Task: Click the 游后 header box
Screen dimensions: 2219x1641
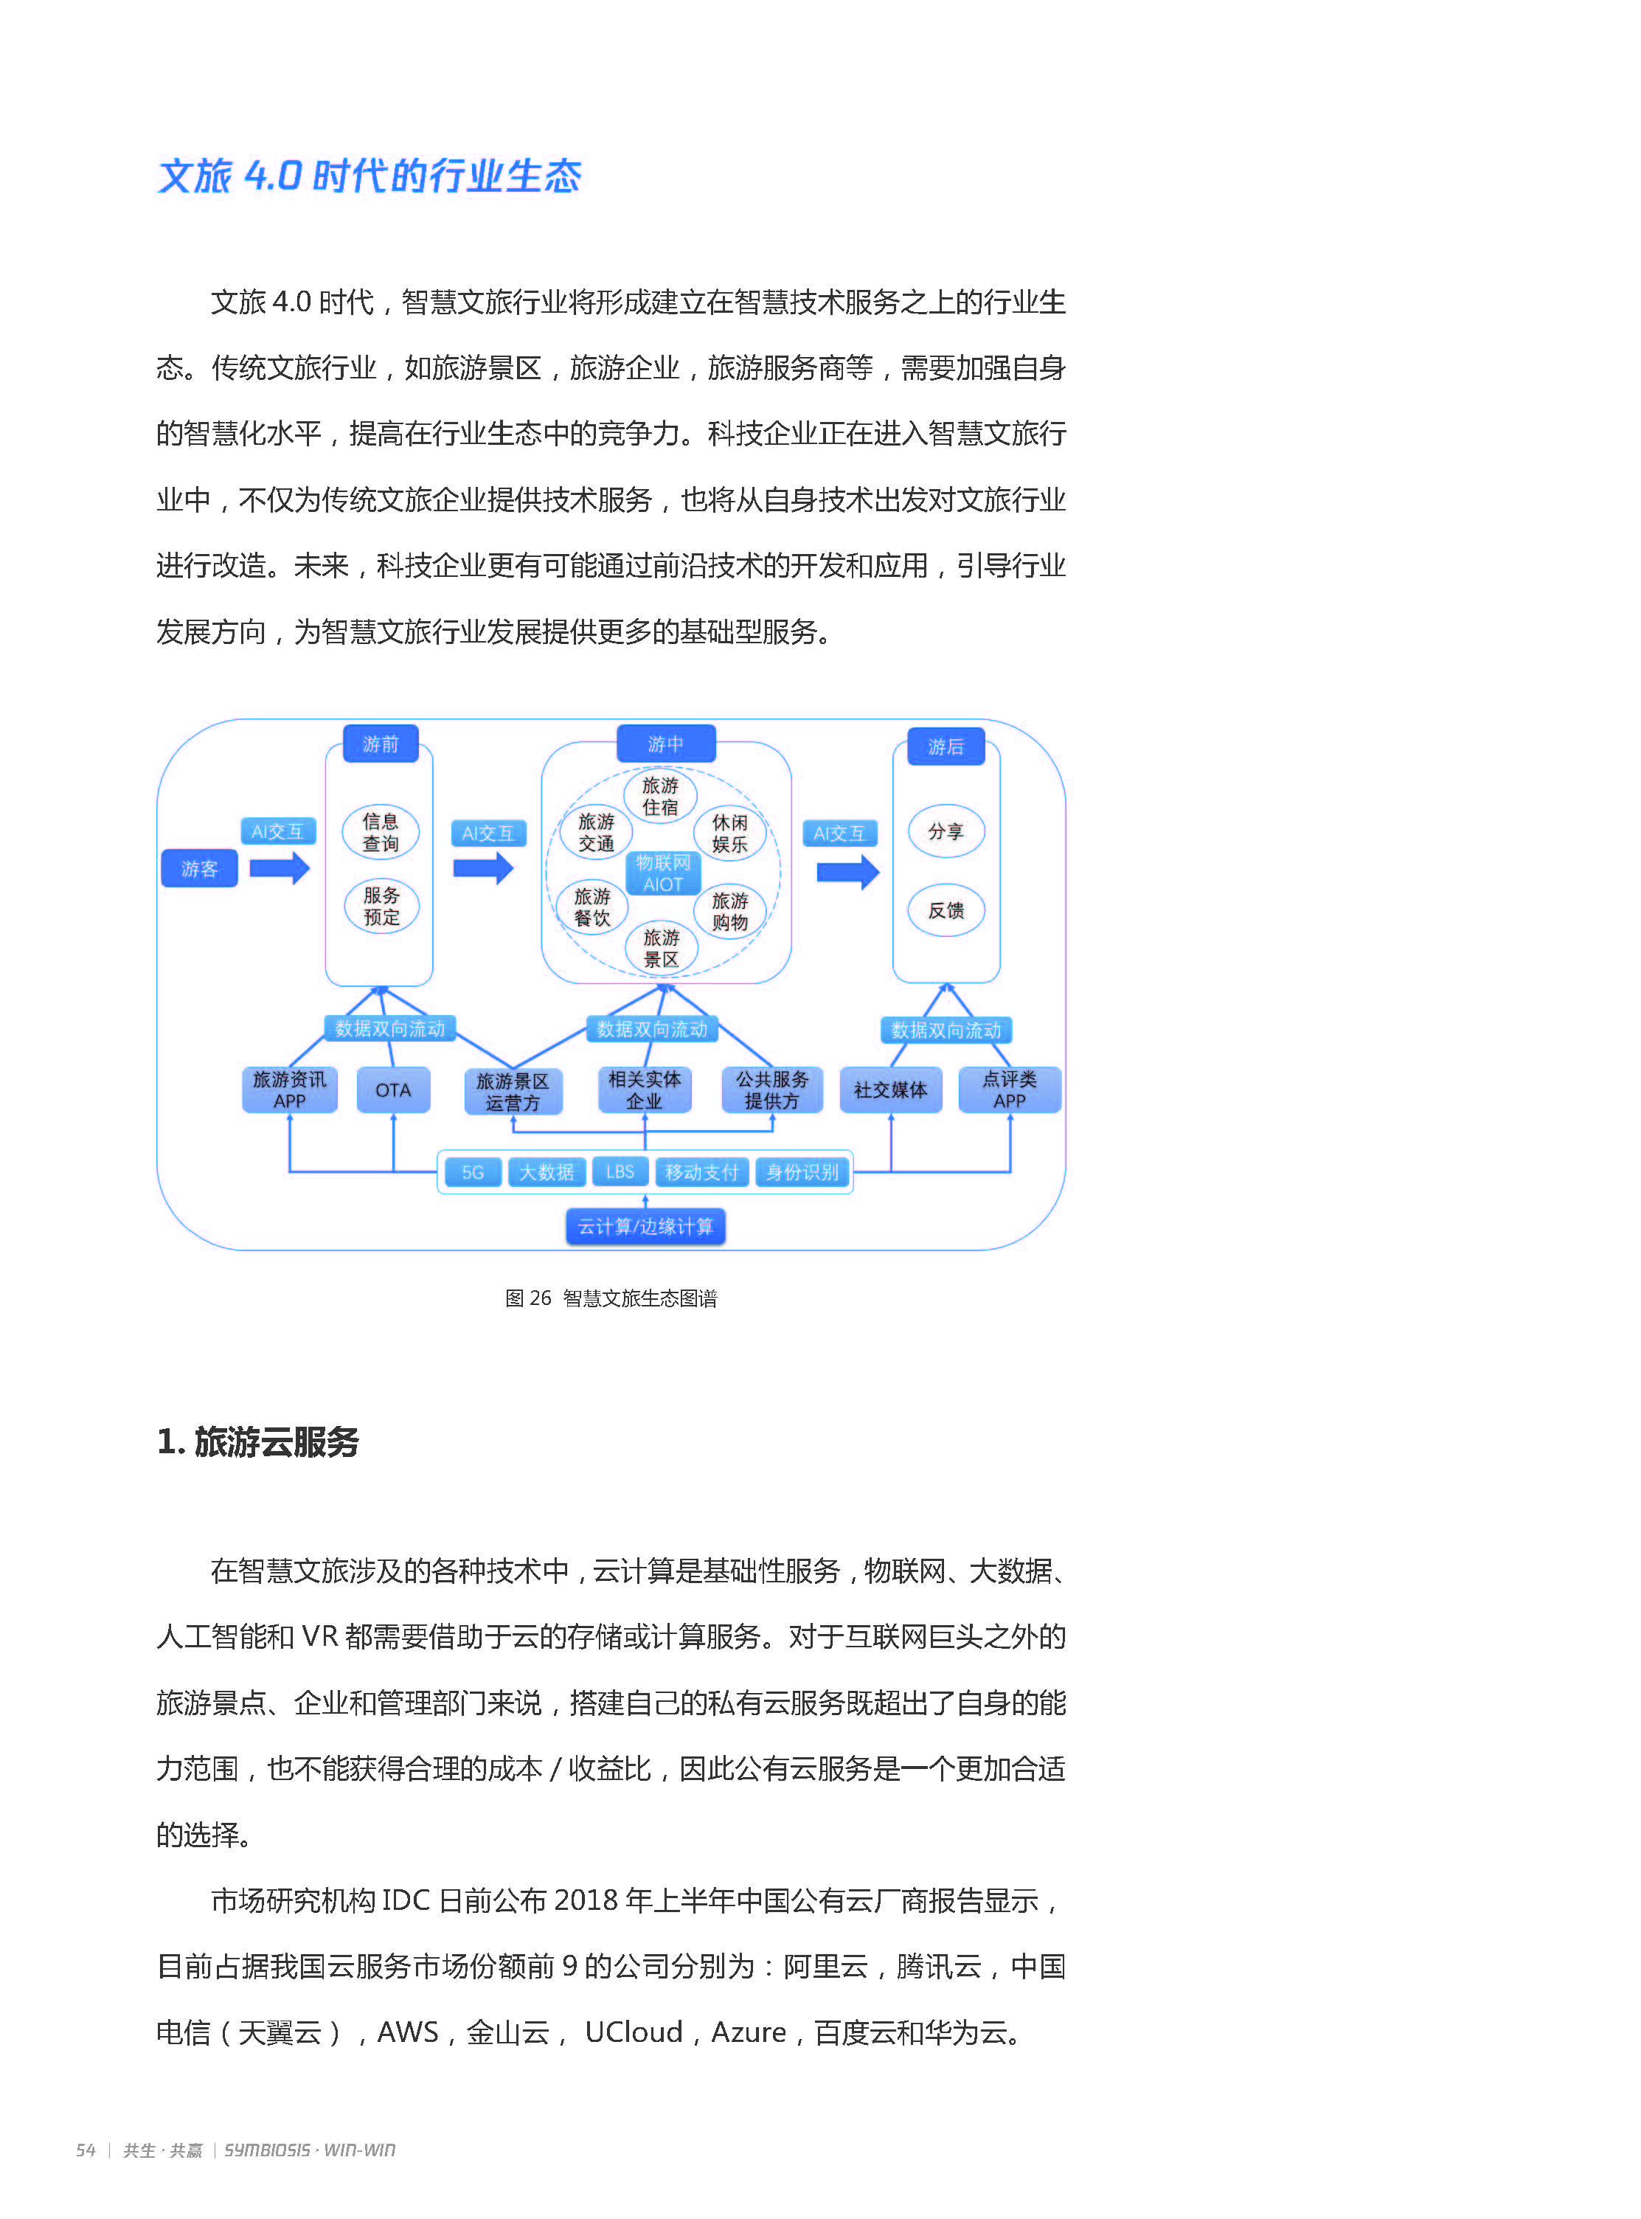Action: (x=946, y=746)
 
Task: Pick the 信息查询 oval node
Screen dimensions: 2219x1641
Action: (x=381, y=832)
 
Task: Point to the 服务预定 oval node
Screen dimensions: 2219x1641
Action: (x=381, y=906)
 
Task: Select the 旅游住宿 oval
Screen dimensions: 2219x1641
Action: (x=661, y=797)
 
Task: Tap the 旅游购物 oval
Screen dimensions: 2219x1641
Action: (x=730, y=911)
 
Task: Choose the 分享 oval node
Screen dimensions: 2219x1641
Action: (x=946, y=831)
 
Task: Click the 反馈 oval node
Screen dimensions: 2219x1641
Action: (x=946, y=910)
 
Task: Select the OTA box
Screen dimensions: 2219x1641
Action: (x=393, y=1090)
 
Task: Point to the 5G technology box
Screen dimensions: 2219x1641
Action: (x=473, y=1172)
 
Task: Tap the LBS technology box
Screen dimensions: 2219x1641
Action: (x=620, y=1172)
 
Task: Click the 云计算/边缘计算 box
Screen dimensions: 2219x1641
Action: (x=645, y=1227)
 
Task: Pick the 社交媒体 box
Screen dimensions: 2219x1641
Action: (x=890, y=1090)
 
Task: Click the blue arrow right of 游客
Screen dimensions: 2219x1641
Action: (x=279, y=869)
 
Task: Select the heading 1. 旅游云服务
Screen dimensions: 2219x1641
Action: (x=258, y=1441)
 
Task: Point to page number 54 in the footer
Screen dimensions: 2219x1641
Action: (x=86, y=2150)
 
